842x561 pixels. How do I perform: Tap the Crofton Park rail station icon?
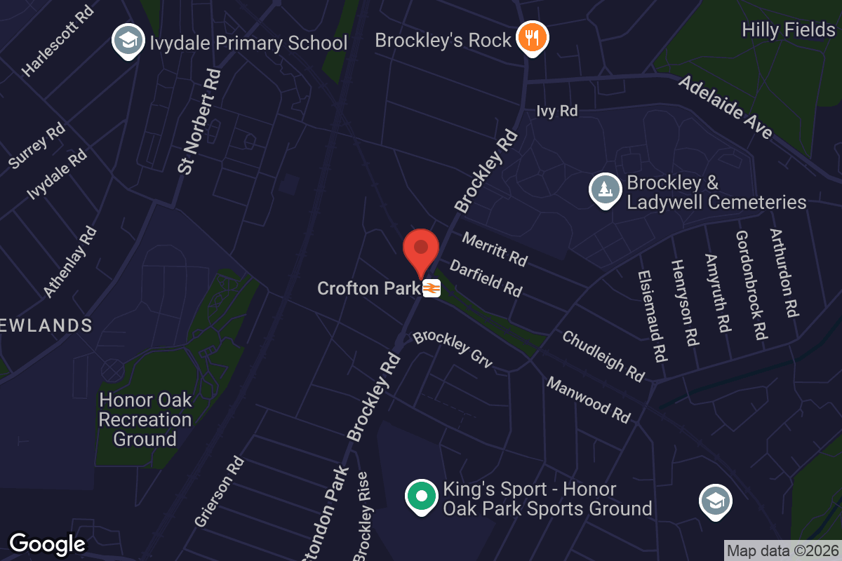(x=432, y=288)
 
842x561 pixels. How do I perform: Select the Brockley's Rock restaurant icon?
(x=532, y=39)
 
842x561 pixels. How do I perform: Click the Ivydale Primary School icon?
(x=128, y=42)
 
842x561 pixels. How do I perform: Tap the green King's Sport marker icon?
(x=421, y=497)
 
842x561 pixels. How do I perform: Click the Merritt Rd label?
(x=495, y=250)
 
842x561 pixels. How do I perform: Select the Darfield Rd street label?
(x=486, y=278)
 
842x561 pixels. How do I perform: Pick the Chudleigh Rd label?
(x=603, y=356)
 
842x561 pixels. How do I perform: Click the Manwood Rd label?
(x=588, y=400)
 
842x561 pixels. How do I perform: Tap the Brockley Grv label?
(x=453, y=349)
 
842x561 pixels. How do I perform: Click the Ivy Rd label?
(x=556, y=111)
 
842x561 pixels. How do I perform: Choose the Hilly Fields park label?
(x=789, y=29)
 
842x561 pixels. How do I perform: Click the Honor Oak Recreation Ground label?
(x=145, y=419)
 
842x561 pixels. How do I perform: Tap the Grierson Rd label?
(x=219, y=491)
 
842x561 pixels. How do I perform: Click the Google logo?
(x=47, y=544)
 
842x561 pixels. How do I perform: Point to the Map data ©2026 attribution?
(x=782, y=550)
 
